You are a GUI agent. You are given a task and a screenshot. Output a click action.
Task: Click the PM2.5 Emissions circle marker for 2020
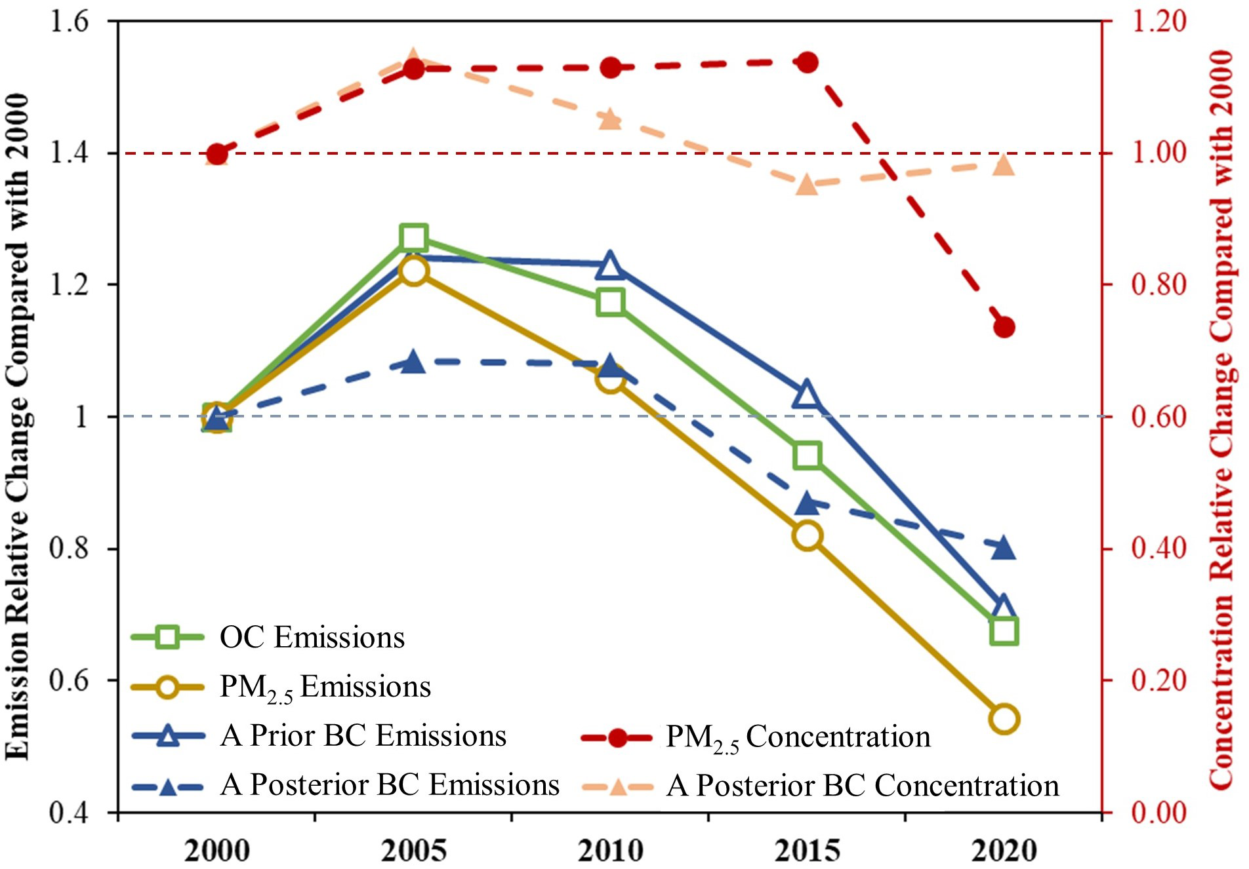click(x=1004, y=719)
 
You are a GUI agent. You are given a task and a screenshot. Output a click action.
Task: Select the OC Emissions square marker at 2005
click(x=413, y=237)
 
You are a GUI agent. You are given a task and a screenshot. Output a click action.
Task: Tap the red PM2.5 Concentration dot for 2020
click(x=1004, y=327)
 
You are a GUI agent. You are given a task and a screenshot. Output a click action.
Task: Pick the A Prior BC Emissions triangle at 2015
click(x=807, y=395)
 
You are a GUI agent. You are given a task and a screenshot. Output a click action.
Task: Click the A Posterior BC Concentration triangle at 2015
click(x=807, y=185)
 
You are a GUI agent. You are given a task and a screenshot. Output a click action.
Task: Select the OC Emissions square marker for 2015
click(x=807, y=455)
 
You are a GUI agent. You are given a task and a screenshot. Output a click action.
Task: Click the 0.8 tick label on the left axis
click(x=70, y=549)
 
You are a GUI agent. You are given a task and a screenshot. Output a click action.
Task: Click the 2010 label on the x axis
click(x=610, y=850)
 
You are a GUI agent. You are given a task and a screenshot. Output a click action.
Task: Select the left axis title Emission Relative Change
click(x=18, y=426)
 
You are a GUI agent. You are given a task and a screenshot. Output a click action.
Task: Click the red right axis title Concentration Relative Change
click(x=1221, y=419)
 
